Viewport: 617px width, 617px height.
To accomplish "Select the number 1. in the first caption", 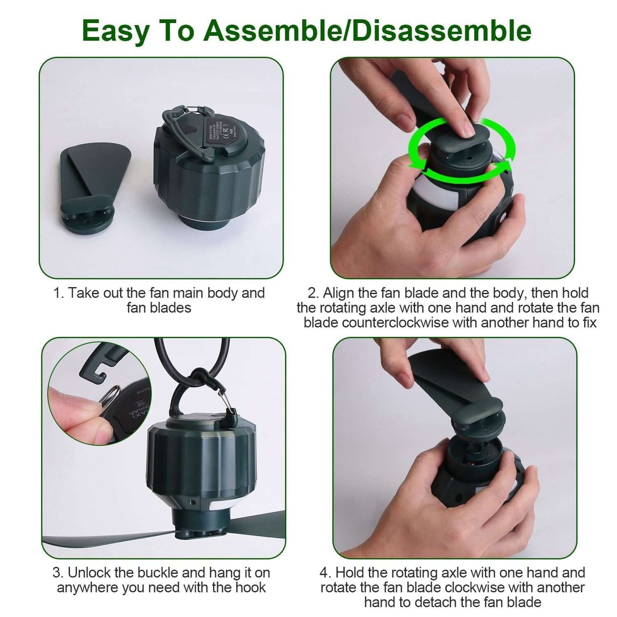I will click(58, 293).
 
